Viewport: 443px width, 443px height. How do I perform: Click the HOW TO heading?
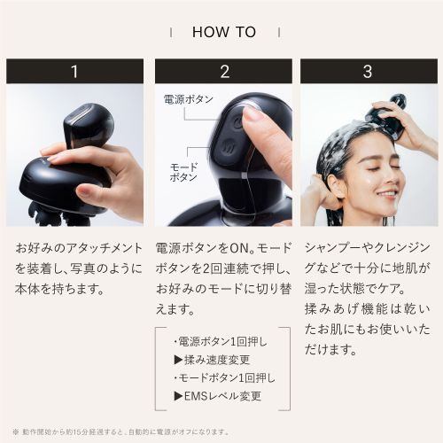pos(223,32)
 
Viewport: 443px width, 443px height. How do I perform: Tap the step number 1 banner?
pos(74,71)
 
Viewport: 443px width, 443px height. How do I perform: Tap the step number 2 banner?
pos(223,71)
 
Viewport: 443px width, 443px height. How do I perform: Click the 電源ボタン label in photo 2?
pos(187,99)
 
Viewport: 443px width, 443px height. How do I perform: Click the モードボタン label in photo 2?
pos(183,172)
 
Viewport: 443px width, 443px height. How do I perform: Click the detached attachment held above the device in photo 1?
pos(89,124)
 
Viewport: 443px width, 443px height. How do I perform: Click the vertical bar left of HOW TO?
pos(170,32)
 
